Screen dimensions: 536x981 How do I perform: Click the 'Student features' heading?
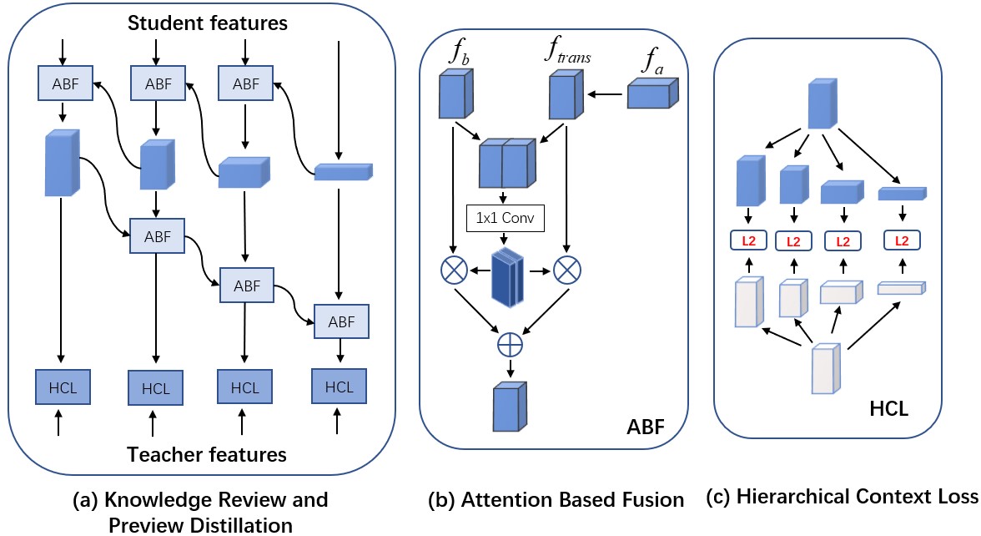tap(208, 23)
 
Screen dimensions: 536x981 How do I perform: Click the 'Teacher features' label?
tap(207, 455)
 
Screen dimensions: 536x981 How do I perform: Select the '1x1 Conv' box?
tap(505, 219)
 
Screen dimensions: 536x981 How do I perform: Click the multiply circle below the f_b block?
tap(453, 271)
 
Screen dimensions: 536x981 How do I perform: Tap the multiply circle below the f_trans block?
tap(567, 271)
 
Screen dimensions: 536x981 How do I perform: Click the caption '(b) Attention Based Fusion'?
tap(556, 500)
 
